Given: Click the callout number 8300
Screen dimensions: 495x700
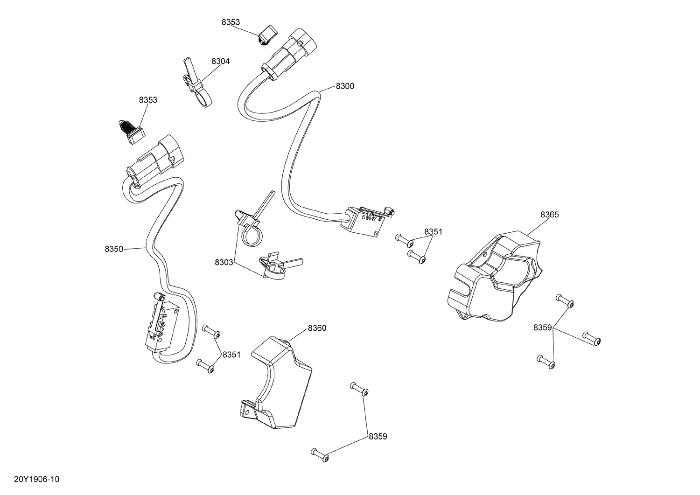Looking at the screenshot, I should pos(345,86).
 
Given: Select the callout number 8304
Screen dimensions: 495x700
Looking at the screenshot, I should pos(220,61).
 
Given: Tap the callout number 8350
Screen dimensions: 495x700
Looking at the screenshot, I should pos(114,249).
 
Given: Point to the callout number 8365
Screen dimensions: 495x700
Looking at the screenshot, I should pos(549,215).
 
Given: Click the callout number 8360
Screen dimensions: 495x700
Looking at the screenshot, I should pos(317,328).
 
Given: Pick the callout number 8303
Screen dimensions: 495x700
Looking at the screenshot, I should pos(224,263).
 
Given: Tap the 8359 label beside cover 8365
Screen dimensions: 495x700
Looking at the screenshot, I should pos(543,328).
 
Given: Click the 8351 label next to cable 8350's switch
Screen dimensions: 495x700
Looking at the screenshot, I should pos(231,355).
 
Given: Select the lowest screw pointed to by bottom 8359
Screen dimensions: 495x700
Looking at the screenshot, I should pos(320,453).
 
